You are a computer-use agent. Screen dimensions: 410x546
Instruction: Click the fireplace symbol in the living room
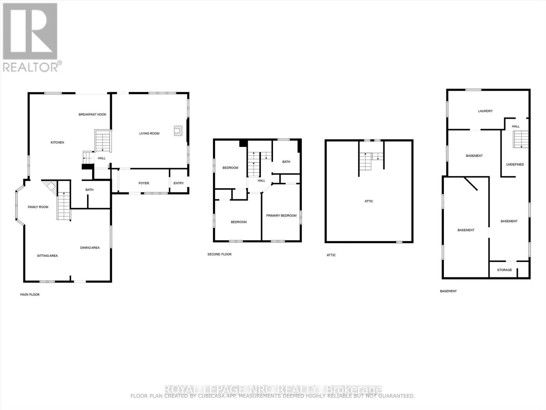(x=178, y=131)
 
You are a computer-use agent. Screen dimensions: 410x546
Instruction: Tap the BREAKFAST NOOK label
(x=92, y=114)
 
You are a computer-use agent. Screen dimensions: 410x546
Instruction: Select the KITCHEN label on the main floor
(x=57, y=142)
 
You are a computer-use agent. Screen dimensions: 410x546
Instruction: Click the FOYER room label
(x=144, y=183)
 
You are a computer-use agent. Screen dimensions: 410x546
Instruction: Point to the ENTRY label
(x=178, y=183)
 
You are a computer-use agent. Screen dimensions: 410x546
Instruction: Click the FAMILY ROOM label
(x=38, y=207)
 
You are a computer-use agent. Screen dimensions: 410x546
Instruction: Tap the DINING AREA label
(x=90, y=248)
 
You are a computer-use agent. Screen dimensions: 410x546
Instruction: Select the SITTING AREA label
(x=47, y=256)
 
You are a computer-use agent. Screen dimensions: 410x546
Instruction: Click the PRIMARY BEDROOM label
(x=281, y=216)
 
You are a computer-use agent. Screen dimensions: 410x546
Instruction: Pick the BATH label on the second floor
(x=286, y=162)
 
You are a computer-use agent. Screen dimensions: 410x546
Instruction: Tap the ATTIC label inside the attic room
(x=369, y=201)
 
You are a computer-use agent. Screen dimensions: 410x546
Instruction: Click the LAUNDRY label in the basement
(x=485, y=111)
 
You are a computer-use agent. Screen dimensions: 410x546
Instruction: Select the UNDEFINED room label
(x=515, y=164)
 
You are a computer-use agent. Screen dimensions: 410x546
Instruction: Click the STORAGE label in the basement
(x=504, y=270)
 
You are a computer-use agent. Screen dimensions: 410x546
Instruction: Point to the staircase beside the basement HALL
(x=521, y=139)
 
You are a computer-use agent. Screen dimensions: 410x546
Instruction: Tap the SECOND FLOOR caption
(x=219, y=254)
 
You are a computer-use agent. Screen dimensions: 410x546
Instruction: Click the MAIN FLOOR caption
(x=30, y=295)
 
